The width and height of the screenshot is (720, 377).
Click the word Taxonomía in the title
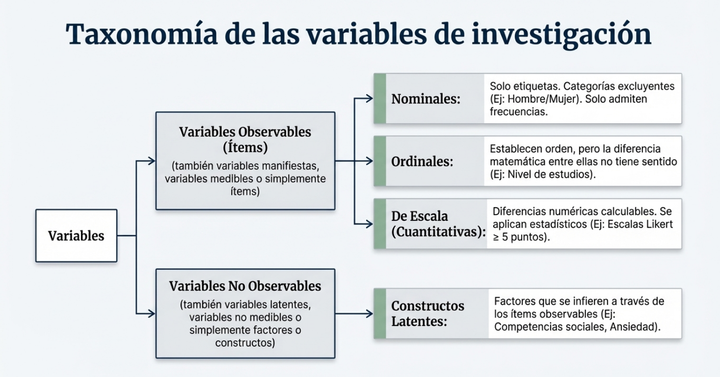142,34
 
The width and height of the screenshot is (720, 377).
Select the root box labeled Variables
76,236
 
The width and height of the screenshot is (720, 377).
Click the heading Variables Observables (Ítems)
245,139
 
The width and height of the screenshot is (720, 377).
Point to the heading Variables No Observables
245,286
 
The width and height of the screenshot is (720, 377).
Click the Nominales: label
426,99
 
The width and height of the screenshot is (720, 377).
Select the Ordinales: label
422,162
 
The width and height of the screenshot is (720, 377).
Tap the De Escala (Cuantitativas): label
438,224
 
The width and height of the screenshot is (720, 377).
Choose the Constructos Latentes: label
427,313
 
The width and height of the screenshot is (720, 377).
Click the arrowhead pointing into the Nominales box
370,98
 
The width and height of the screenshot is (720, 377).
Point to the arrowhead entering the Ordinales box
370,161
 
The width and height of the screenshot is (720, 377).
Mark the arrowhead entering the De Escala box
370,224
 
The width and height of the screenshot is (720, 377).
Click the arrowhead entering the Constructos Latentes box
370,313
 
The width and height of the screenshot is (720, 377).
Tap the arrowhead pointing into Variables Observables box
152,161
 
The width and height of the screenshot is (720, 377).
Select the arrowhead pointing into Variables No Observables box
152,313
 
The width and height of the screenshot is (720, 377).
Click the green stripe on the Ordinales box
380,161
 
